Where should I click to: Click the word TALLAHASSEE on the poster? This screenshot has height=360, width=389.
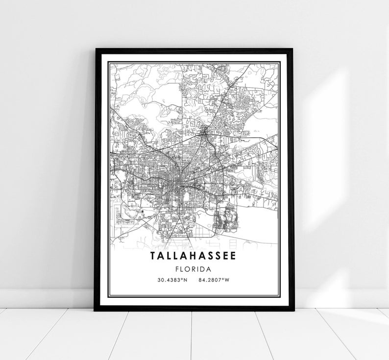(194, 256)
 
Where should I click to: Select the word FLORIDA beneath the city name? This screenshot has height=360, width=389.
(194, 269)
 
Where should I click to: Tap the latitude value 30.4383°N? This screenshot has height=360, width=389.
(172, 280)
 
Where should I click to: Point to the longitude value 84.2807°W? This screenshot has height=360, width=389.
(214, 280)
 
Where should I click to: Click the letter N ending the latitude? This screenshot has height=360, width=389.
(186, 280)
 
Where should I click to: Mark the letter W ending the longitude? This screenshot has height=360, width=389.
(227, 280)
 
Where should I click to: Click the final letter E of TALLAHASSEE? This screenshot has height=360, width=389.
(233, 256)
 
